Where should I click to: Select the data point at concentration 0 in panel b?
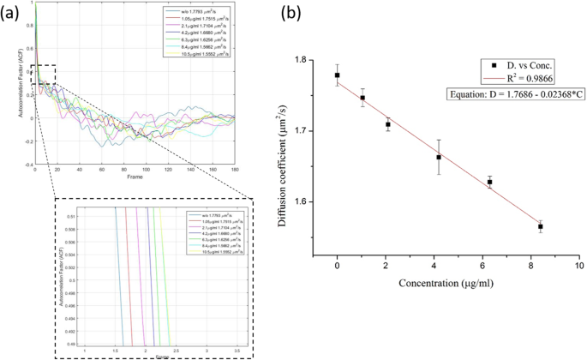338,75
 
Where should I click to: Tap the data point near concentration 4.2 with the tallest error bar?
440,157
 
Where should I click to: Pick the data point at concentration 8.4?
541,226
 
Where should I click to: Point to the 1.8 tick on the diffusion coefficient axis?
319,60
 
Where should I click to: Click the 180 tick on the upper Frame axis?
234,170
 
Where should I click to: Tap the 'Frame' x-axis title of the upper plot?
134,178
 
